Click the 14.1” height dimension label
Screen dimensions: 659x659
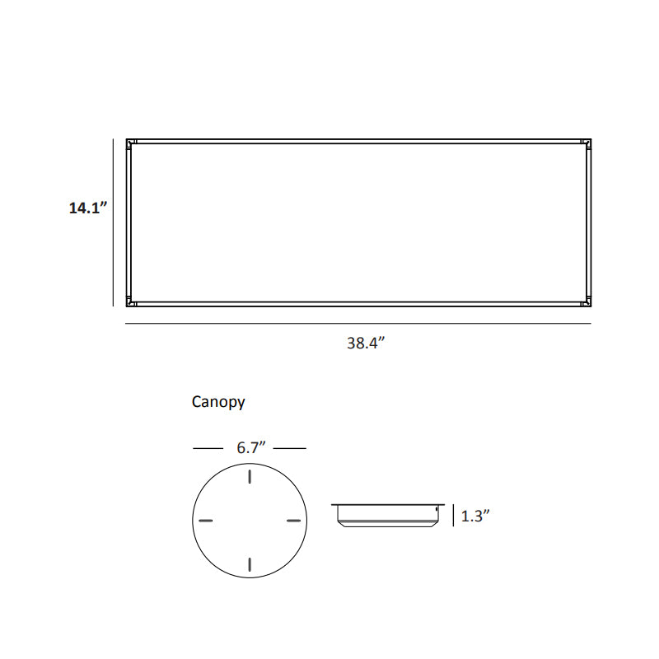point(88,208)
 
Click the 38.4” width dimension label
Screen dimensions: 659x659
point(366,344)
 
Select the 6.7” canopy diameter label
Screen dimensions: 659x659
point(249,448)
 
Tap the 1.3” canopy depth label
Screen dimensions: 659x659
point(476,516)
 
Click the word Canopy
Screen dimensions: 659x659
point(218,402)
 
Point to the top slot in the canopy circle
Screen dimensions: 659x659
point(250,477)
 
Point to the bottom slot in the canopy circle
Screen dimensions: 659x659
point(250,564)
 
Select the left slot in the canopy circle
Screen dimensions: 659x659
point(206,521)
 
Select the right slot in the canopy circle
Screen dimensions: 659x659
point(293,521)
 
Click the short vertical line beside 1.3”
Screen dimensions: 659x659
point(453,516)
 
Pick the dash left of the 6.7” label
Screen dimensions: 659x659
point(208,448)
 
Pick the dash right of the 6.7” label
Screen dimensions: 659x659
point(289,448)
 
